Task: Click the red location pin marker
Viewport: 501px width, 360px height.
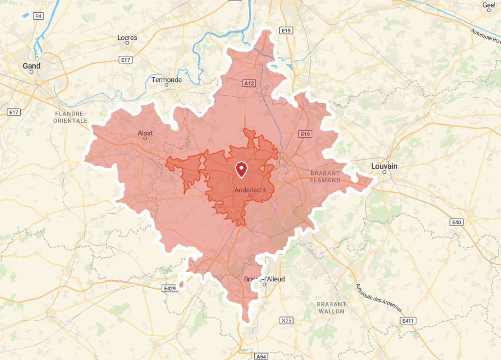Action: [x=242, y=169]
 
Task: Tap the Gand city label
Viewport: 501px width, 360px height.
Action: [x=31, y=66]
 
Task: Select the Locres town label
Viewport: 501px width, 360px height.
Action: [x=127, y=38]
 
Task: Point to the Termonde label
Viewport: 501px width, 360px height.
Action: [x=166, y=80]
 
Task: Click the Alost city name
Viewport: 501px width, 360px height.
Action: [x=145, y=133]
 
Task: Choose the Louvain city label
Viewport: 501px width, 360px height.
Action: [x=384, y=166]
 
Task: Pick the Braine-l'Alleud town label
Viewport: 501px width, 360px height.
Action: [x=264, y=279]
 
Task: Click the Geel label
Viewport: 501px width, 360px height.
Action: [x=489, y=5]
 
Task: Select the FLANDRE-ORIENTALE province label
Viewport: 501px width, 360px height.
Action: [x=70, y=118]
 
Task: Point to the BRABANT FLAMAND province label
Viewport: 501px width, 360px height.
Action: [x=324, y=177]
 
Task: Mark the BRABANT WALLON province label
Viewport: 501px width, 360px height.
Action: [x=331, y=308]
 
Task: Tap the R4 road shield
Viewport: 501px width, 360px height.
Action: [x=38, y=16]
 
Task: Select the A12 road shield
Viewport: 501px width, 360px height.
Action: [x=248, y=83]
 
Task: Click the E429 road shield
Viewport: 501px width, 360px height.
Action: [x=169, y=288]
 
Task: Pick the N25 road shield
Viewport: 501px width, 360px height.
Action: [x=286, y=321]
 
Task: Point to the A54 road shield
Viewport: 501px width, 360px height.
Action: [x=261, y=356]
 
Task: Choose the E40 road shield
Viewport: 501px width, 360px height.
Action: [x=456, y=222]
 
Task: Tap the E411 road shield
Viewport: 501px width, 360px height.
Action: [x=408, y=321]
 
